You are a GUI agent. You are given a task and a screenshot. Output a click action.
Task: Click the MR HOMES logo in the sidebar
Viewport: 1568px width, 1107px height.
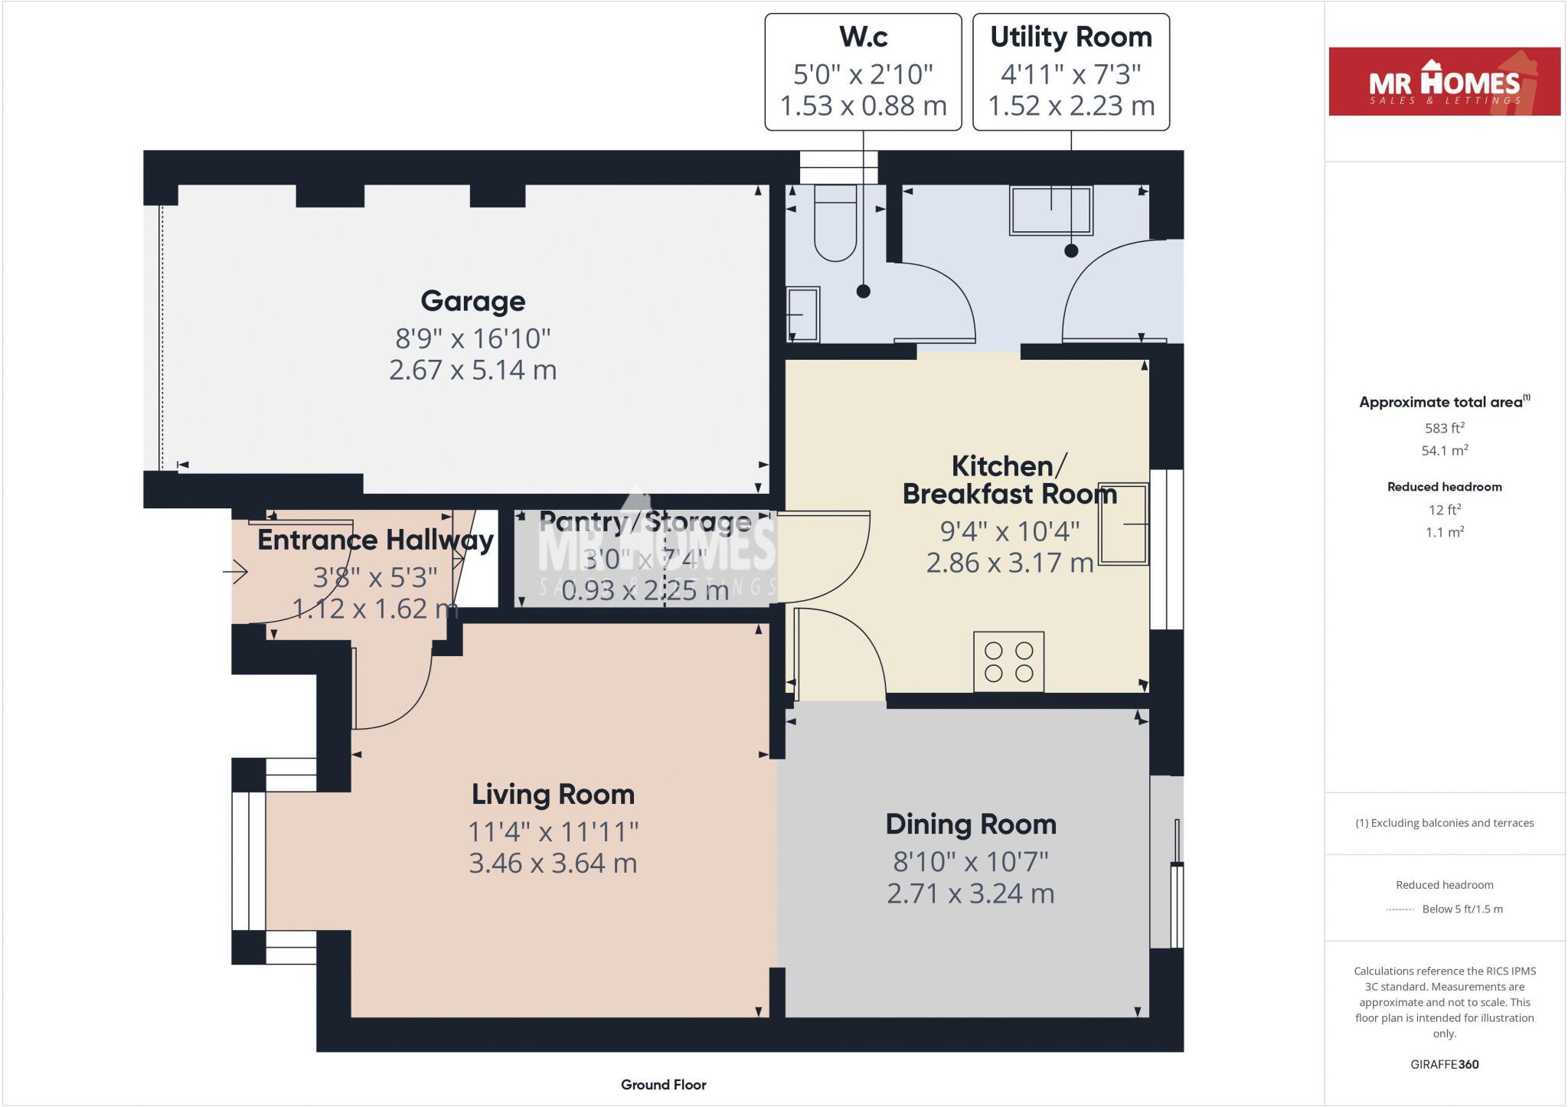(x=1444, y=82)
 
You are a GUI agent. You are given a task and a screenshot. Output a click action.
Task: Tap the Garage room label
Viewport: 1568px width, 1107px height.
(x=472, y=301)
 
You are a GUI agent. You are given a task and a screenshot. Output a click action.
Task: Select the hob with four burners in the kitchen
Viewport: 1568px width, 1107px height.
(x=1008, y=661)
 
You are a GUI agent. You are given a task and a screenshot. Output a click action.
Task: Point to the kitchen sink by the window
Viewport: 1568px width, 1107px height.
(x=1124, y=524)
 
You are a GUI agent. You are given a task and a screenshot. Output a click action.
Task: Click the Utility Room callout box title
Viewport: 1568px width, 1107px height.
(x=1070, y=37)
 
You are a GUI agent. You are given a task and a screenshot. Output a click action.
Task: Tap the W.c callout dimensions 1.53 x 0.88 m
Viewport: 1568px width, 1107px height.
(x=863, y=106)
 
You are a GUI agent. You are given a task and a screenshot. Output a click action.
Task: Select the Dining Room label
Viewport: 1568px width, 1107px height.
(x=971, y=825)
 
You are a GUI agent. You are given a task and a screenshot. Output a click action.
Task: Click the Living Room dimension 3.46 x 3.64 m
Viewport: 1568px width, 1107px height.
(x=553, y=863)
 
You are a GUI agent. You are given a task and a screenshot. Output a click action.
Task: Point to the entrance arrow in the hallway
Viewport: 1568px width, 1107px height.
(x=237, y=572)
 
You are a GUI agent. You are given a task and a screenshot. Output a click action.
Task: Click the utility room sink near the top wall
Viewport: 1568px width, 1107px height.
(x=1050, y=210)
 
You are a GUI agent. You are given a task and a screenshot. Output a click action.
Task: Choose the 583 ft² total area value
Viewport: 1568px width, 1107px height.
(x=1444, y=428)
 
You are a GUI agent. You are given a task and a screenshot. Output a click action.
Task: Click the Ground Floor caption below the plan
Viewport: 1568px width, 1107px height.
(x=663, y=1085)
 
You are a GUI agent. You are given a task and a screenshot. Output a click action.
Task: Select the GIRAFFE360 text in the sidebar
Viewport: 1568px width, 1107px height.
(x=1444, y=1064)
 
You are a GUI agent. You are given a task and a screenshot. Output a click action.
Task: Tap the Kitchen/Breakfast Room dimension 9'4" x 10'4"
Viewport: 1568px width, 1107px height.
(x=1009, y=531)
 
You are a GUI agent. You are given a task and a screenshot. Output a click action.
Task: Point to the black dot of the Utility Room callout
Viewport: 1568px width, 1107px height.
(x=1071, y=250)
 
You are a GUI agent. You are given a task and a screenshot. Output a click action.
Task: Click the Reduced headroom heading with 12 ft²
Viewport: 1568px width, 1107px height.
(x=1444, y=487)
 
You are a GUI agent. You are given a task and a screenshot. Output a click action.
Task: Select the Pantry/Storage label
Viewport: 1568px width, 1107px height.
(x=645, y=522)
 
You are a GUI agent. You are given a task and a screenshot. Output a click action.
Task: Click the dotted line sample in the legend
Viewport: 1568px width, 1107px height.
(x=1400, y=909)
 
